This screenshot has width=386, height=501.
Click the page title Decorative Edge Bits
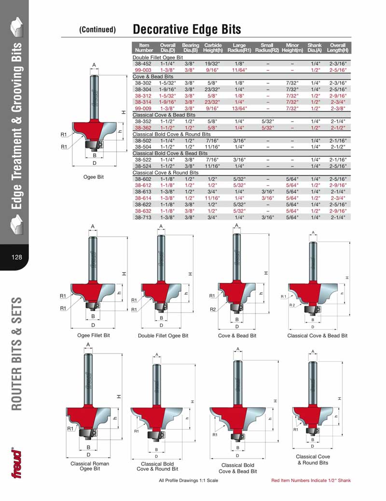coord(187,29)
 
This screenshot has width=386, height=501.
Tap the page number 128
coord(16,257)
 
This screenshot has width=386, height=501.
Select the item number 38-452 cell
coord(144,64)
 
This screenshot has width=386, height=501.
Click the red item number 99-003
coord(144,70)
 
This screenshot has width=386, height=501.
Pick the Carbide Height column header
coord(213,48)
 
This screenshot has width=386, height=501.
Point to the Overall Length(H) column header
coord(338,48)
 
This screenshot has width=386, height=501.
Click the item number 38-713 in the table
coord(144,217)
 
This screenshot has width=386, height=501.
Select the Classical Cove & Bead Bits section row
coord(164,115)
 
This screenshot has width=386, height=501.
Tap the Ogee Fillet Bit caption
coord(94,335)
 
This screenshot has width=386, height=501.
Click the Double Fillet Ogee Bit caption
coord(163,336)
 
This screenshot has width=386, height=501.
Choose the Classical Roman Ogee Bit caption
coord(90,466)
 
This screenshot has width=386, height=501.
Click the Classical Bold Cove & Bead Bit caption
coord(237,468)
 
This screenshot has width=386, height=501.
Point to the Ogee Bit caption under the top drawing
coord(94,177)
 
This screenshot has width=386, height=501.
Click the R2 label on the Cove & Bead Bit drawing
coord(213,310)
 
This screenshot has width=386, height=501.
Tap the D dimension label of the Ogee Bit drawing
coord(95,163)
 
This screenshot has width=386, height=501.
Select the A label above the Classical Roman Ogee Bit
coord(88,344)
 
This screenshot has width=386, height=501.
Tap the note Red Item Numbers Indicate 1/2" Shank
coord(311,480)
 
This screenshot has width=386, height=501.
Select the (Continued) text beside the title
coord(97,30)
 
